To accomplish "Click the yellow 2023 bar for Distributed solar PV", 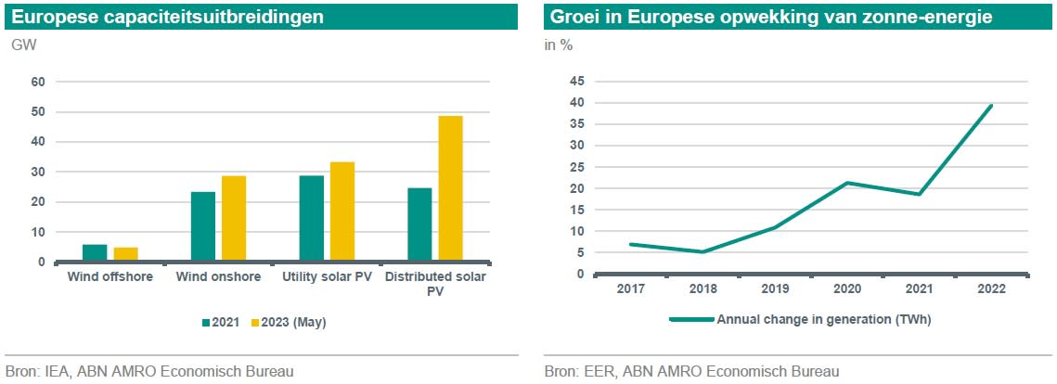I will pyautogui.click(x=450, y=188).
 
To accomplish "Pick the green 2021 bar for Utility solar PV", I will pyautogui.click(x=311, y=219).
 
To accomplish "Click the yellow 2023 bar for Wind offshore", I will pyautogui.click(x=125, y=255).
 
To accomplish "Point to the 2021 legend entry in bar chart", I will pyautogui.click(x=220, y=323).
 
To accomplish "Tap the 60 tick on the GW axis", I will pyautogui.click(x=38, y=82).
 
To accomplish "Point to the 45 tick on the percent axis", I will pyautogui.click(x=576, y=82).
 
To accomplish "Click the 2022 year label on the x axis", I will pyautogui.click(x=992, y=288).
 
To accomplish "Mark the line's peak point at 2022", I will pyautogui.click(x=992, y=106).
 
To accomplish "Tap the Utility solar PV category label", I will pyautogui.click(x=327, y=277).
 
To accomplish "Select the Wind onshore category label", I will pyautogui.click(x=218, y=277).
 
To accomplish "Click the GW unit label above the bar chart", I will pyautogui.click(x=24, y=45).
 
